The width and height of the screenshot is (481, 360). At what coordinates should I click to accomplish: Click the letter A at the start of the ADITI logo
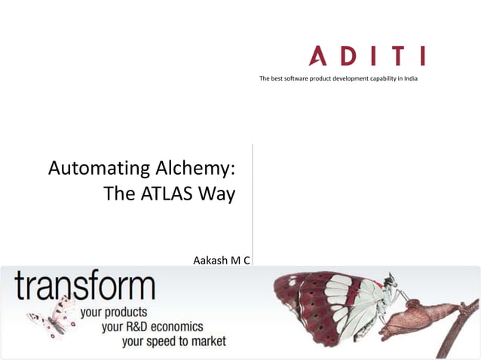click(319, 56)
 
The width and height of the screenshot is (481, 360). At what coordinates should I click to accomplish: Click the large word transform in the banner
click(84, 288)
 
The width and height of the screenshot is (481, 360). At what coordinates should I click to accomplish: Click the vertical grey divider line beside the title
click(252, 203)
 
